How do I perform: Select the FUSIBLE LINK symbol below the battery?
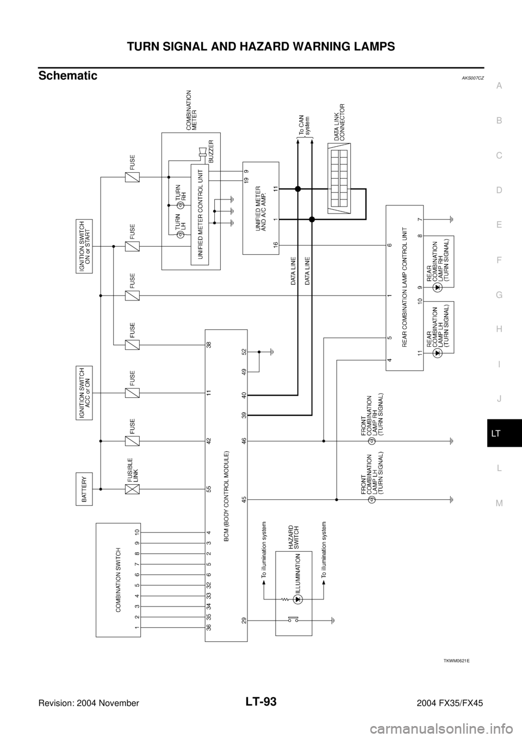[132, 489]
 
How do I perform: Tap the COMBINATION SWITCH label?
[119, 579]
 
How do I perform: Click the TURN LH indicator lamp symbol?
[179, 234]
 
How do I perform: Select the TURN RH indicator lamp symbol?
[179, 205]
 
